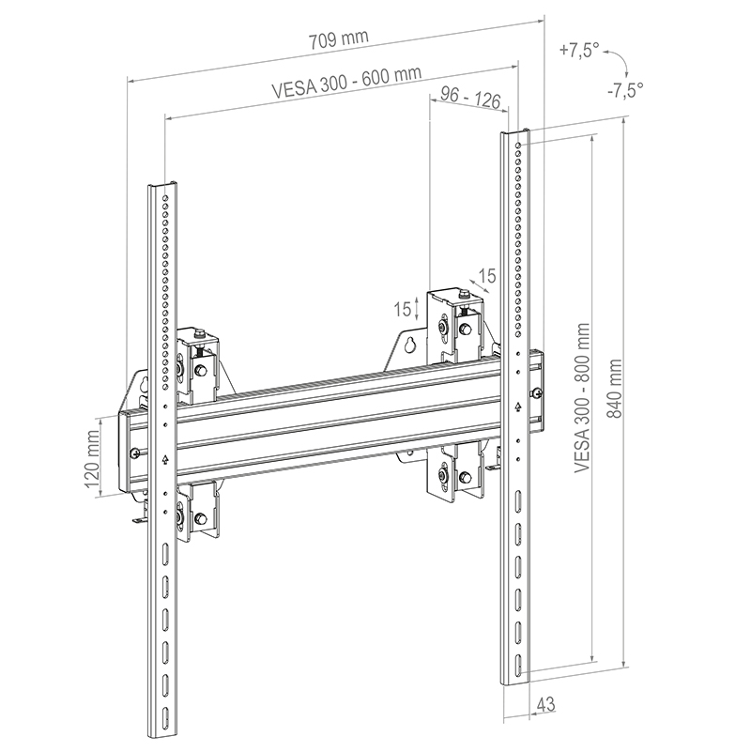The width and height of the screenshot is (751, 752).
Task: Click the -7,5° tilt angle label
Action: [x=624, y=90]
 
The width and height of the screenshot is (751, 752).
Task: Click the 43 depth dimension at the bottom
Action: [x=545, y=702]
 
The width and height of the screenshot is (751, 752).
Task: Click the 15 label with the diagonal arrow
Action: [x=486, y=276]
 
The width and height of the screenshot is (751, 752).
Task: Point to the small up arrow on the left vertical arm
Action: [x=165, y=459]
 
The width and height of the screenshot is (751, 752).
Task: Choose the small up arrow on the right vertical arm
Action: [x=517, y=406]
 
